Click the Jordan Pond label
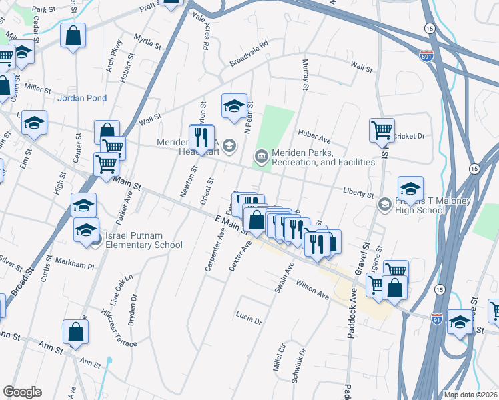pos(82,98)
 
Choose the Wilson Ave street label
pos(313,288)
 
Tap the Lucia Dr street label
pos(248,317)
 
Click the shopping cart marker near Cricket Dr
pos(382,130)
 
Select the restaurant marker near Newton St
pos(201,137)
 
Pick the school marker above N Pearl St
pos(234,106)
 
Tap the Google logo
pos(22,392)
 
